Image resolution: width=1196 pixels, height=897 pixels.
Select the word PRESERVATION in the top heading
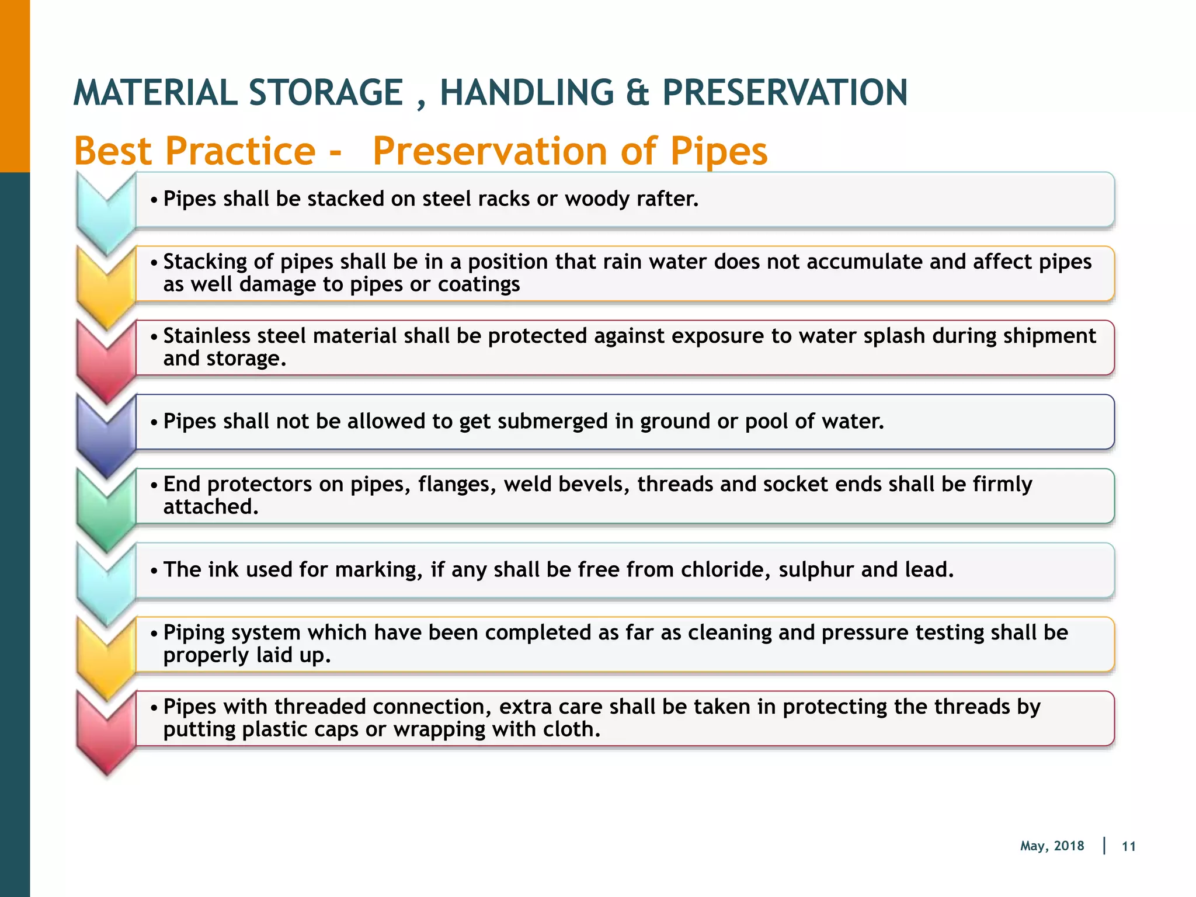point(785,93)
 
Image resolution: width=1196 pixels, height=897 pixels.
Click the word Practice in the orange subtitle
point(241,151)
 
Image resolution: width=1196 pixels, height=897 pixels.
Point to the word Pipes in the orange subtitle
point(718,151)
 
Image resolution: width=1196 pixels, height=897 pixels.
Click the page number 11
point(1128,847)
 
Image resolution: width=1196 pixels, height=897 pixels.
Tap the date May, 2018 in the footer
point(1052,846)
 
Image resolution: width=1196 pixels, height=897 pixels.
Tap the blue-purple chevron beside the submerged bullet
point(106,433)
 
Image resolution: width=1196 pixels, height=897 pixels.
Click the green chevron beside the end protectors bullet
point(106,507)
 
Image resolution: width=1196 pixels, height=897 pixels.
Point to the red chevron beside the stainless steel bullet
point(106,359)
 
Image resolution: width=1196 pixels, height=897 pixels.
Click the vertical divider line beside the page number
point(1104,846)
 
